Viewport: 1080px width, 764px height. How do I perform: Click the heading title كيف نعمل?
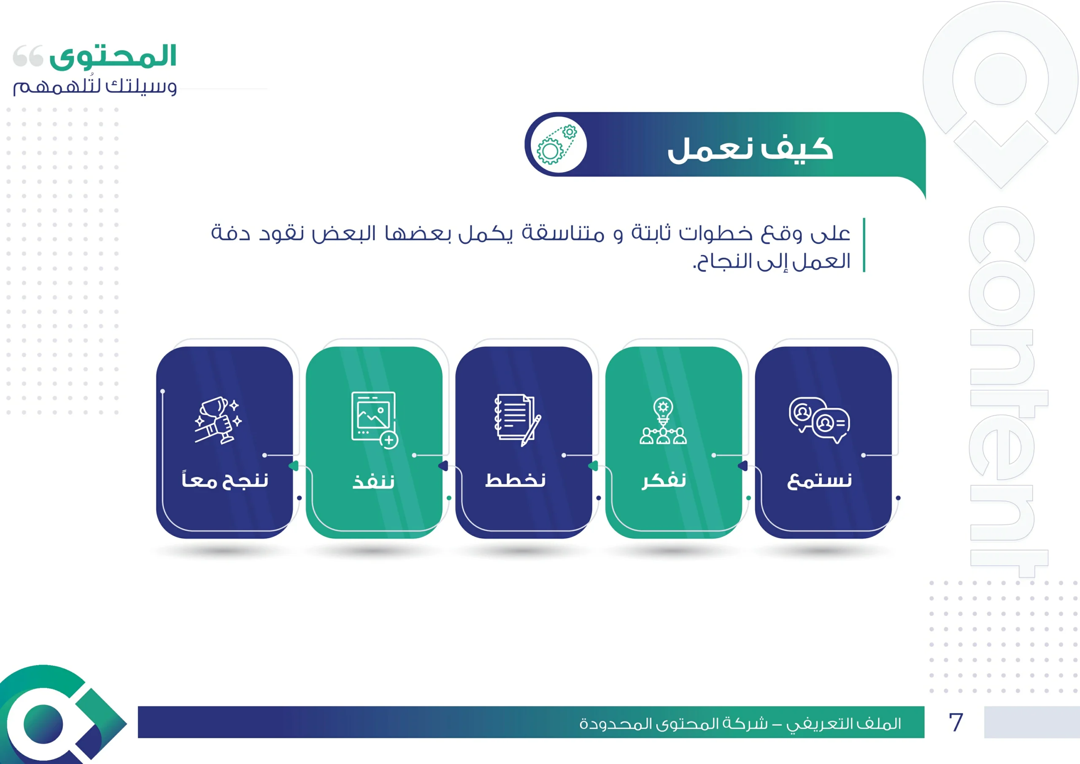(x=750, y=149)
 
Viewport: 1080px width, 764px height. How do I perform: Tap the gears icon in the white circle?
(x=558, y=144)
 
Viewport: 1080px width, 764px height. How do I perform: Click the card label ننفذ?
(x=373, y=481)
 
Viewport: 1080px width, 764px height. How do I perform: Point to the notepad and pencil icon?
(x=517, y=420)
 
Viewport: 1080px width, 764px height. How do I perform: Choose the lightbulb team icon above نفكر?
(x=663, y=421)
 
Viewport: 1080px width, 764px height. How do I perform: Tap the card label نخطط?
(x=516, y=479)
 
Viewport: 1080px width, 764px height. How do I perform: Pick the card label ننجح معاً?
(x=225, y=480)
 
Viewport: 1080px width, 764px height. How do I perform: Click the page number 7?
(x=956, y=722)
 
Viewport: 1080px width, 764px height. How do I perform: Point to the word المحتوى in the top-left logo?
(x=113, y=57)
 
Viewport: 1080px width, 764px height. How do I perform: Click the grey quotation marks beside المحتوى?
(x=28, y=56)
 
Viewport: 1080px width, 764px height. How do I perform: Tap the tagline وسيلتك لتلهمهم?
(x=95, y=86)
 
